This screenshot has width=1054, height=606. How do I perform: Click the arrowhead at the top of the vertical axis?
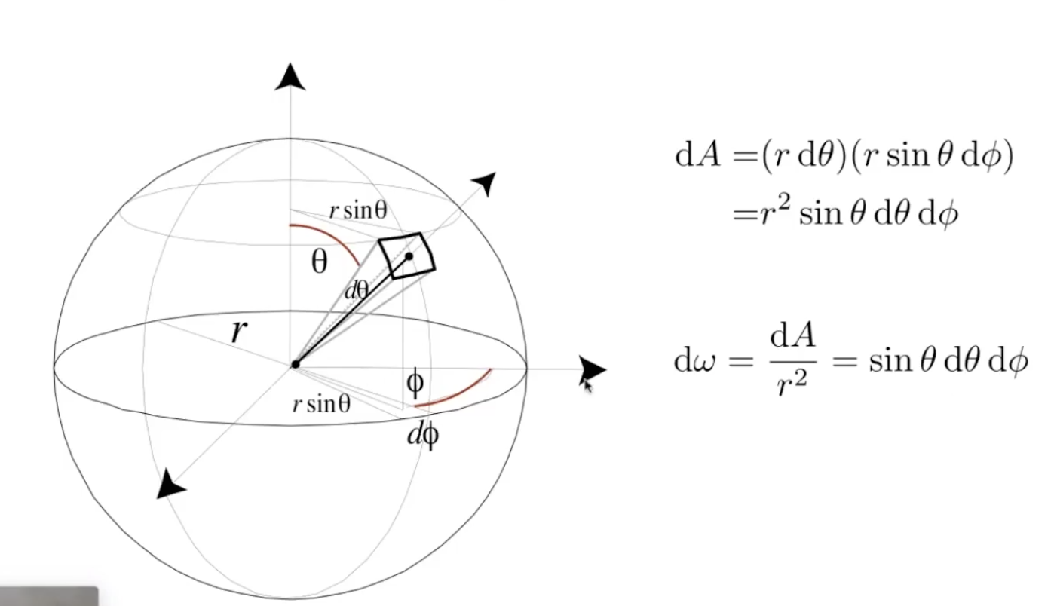pyautogui.click(x=290, y=77)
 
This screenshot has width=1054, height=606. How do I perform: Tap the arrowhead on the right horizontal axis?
pyautogui.click(x=593, y=370)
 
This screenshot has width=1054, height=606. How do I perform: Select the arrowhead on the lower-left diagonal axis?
pyautogui.click(x=170, y=485)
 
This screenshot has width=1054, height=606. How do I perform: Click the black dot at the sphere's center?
pyautogui.click(x=296, y=364)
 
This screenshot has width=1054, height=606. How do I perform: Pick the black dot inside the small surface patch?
pyautogui.click(x=409, y=256)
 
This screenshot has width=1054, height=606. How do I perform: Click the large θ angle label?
pyautogui.click(x=320, y=262)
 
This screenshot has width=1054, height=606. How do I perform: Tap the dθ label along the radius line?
pyautogui.click(x=356, y=290)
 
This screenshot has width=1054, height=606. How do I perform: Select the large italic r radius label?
pyautogui.click(x=239, y=332)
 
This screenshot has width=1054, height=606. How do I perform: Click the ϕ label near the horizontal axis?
pyautogui.click(x=415, y=382)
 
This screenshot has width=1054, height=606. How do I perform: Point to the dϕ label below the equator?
pyautogui.click(x=423, y=435)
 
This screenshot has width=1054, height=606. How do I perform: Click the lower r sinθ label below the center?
pyautogui.click(x=322, y=404)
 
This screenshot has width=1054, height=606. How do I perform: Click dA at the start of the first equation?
pyautogui.click(x=697, y=155)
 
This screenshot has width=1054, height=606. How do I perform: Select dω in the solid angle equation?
pyautogui.click(x=695, y=361)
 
